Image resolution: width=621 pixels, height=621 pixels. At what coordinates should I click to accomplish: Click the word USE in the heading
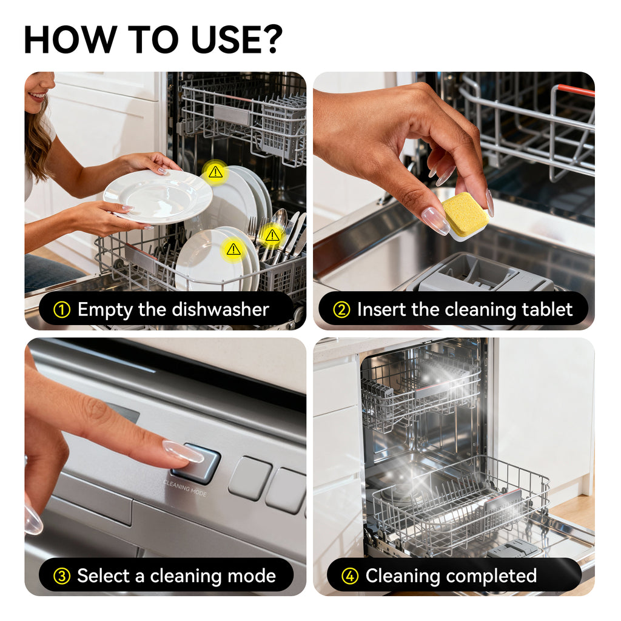[222, 39]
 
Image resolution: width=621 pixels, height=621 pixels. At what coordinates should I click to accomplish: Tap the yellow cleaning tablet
[465, 215]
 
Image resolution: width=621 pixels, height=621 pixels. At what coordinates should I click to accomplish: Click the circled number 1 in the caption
[62, 310]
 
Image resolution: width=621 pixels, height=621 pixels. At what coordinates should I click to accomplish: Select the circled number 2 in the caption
[341, 310]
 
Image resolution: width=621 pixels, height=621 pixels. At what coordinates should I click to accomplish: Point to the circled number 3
[62, 576]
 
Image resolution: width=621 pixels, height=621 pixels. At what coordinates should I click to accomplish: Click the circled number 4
[350, 576]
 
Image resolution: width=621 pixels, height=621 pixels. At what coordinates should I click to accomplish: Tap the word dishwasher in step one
[220, 310]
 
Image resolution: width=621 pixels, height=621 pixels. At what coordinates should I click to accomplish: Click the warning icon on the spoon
[272, 235]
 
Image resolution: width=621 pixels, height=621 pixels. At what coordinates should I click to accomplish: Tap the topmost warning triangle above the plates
[215, 172]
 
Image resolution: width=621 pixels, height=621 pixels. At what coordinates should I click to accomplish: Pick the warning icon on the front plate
[233, 249]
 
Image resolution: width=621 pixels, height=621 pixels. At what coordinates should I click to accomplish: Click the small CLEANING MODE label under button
[185, 488]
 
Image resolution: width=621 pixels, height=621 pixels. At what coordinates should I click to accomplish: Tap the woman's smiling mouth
[36, 95]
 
